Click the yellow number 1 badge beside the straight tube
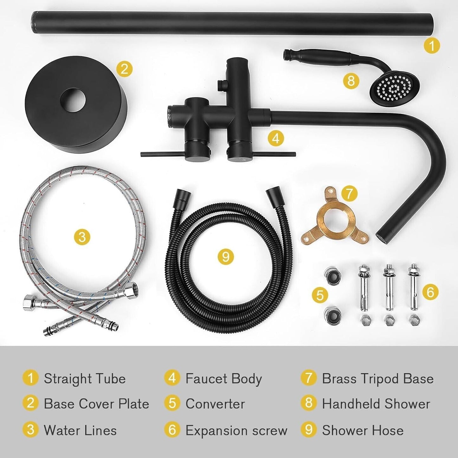(x=432, y=45)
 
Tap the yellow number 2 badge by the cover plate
(x=124, y=69)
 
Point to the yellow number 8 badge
(x=351, y=81)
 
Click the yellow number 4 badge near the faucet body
(x=276, y=138)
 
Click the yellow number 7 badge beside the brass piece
(x=349, y=194)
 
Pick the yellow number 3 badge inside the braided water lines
(x=82, y=236)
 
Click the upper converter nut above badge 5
(x=332, y=276)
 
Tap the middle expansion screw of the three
(x=389, y=287)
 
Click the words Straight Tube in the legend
(x=85, y=379)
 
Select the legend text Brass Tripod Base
(x=378, y=379)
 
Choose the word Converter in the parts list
(x=215, y=404)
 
